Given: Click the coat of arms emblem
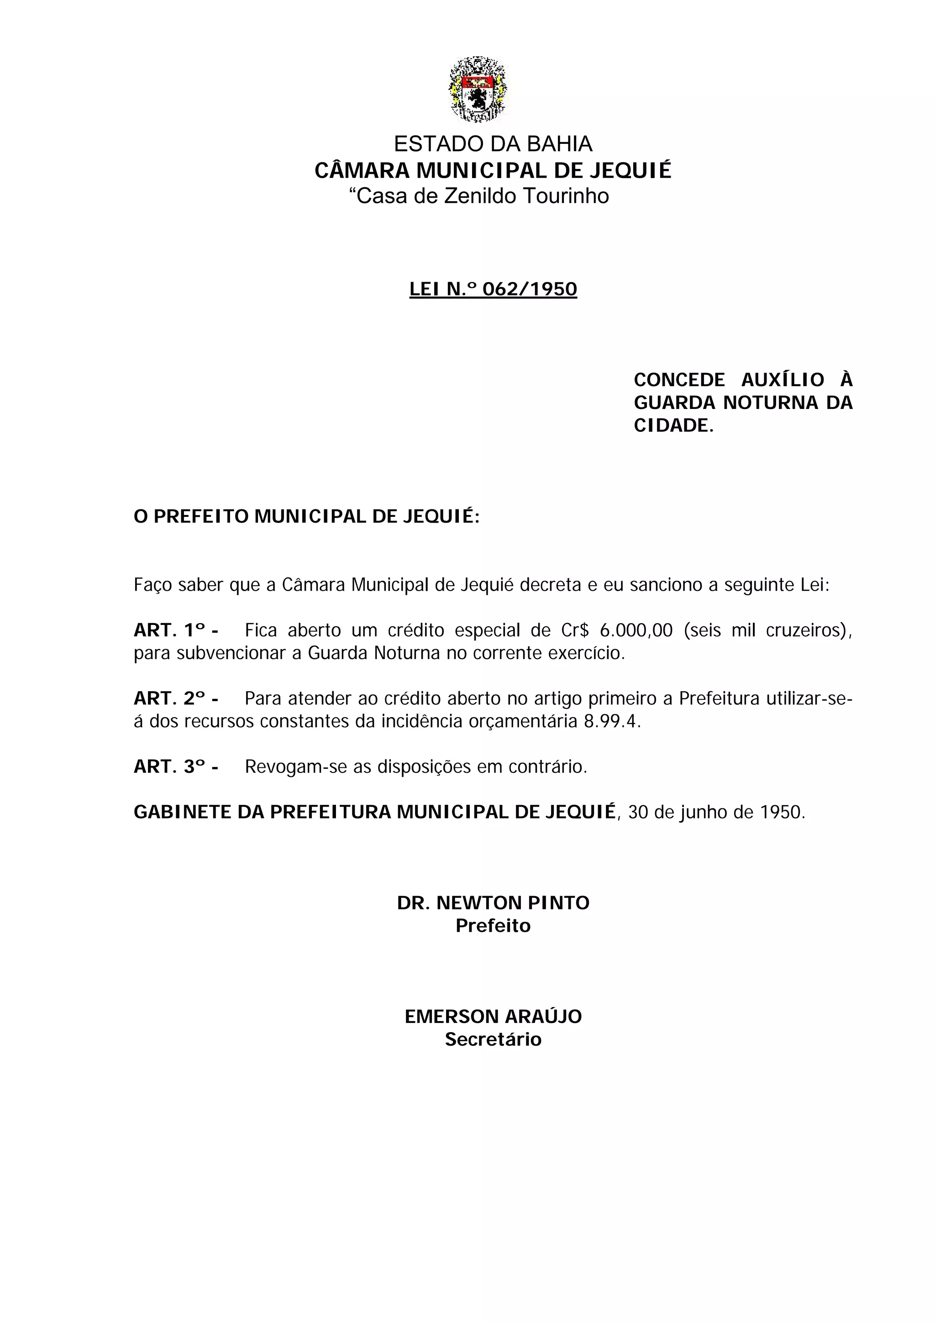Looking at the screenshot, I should click(x=478, y=90).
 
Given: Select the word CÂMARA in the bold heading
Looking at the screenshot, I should click(x=362, y=171).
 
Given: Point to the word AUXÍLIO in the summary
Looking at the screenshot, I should click(x=783, y=380).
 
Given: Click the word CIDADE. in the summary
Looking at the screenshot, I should click(x=673, y=425).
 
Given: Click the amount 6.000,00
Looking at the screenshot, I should click(x=636, y=630).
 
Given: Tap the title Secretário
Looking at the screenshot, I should click(x=493, y=1039).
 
